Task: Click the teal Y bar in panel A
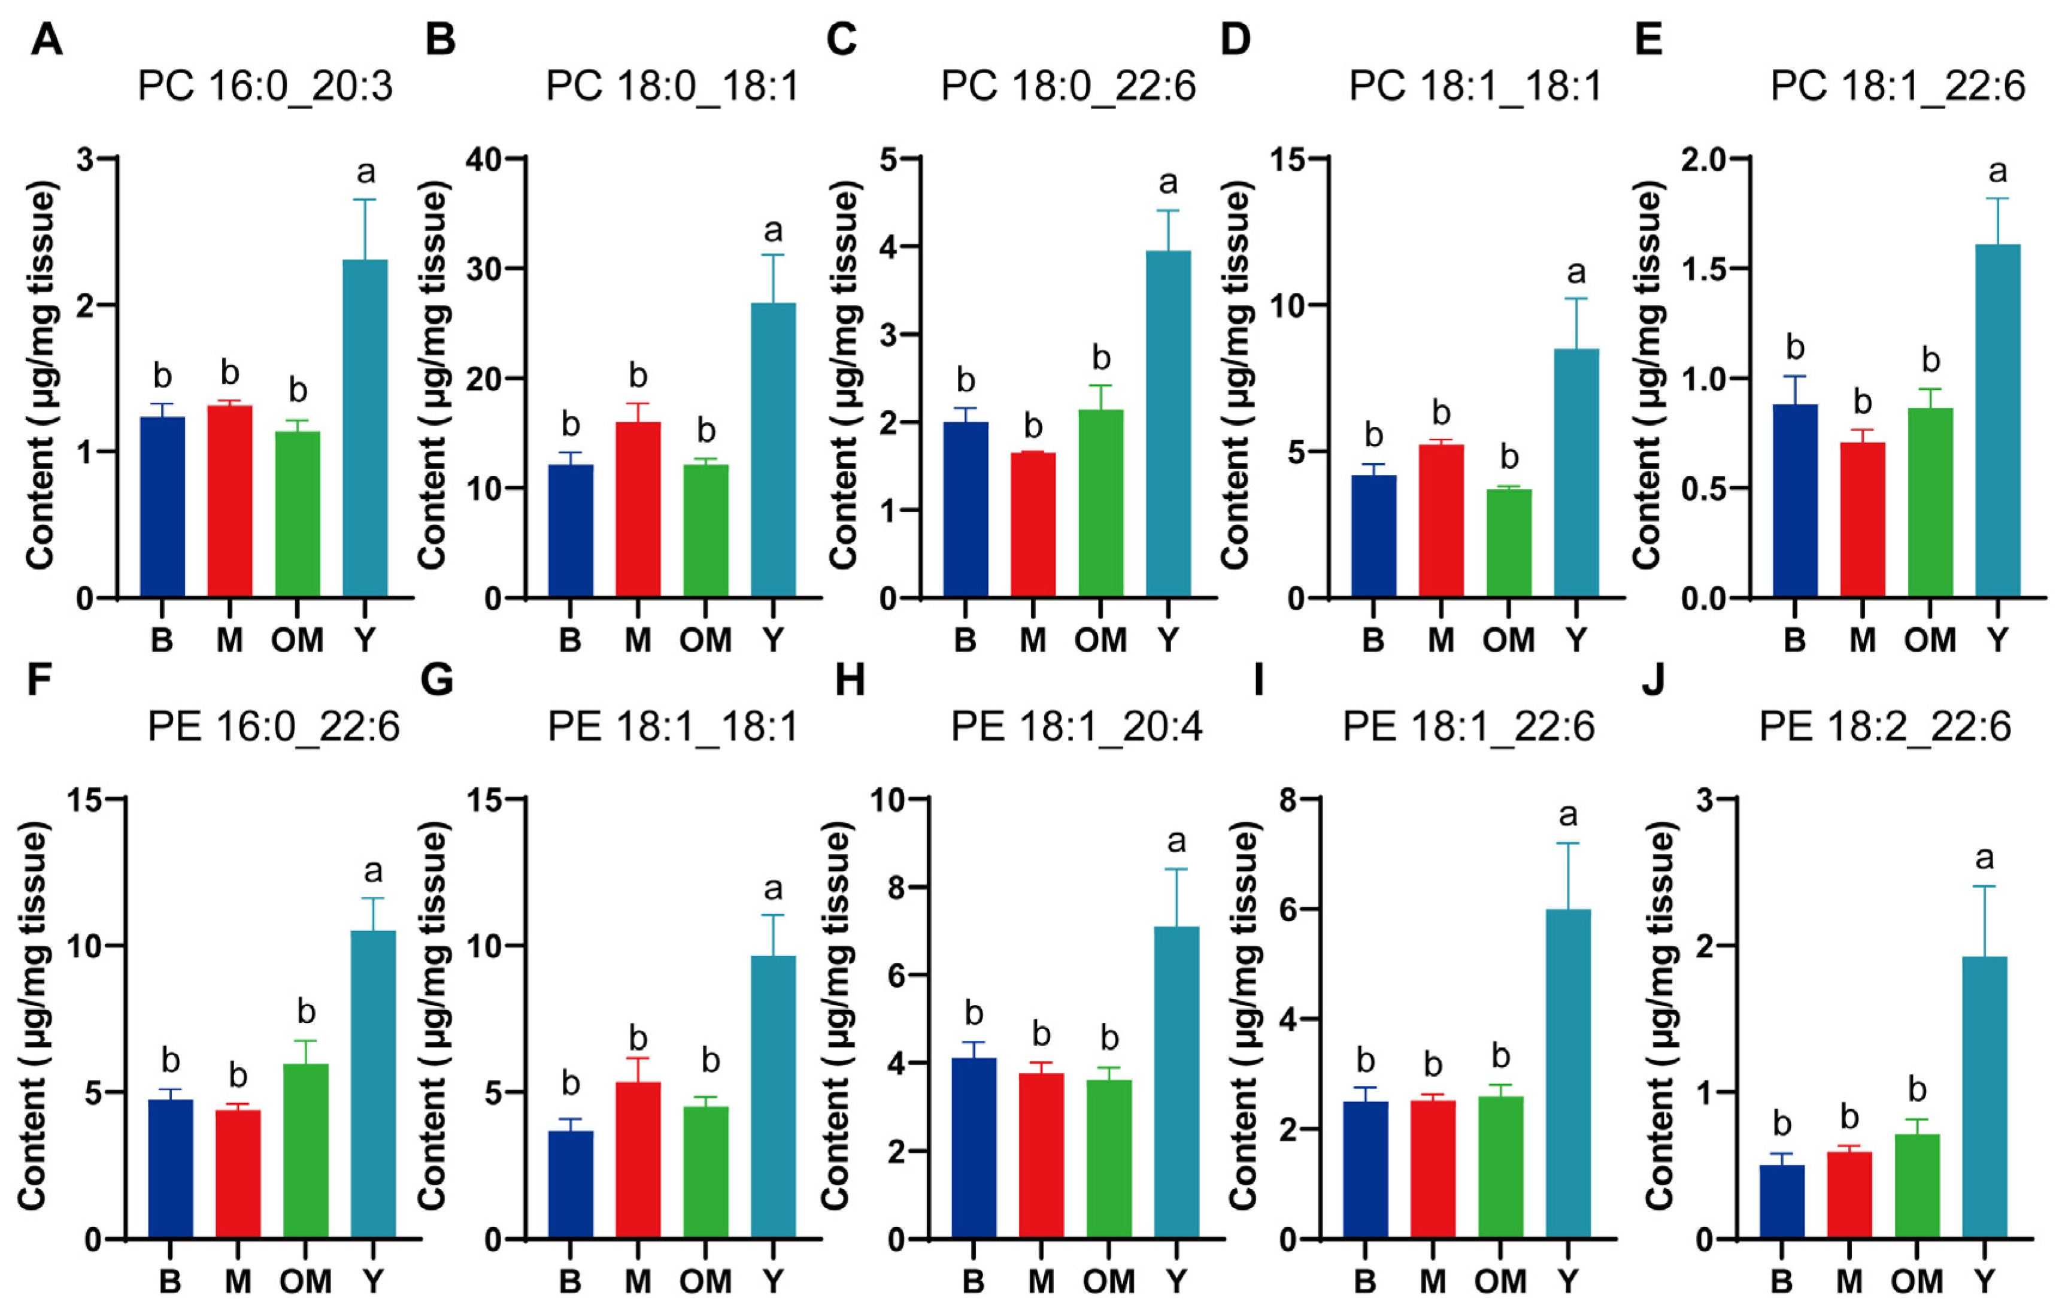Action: coord(365,429)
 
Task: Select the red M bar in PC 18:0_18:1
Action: coord(638,510)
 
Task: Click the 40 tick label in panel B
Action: coord(486,159)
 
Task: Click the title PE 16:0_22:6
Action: coord(274,727)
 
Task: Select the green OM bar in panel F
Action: coord(306,1150)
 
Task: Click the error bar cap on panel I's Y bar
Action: coord(1569,844)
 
